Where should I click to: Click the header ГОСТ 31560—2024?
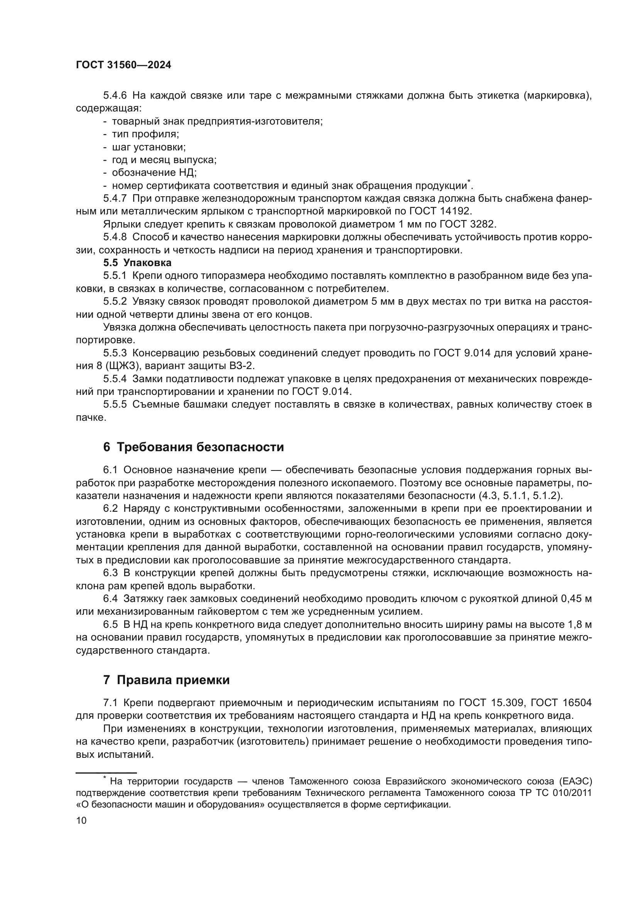coord(123,65)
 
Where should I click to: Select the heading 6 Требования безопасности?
coord(193,447)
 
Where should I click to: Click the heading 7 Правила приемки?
coord(166,679)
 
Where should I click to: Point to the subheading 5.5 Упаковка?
coord(137,263)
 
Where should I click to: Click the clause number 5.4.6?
coord(115,96)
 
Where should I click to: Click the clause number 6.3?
coord(110,573)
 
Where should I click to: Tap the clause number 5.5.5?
coord(115,405)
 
